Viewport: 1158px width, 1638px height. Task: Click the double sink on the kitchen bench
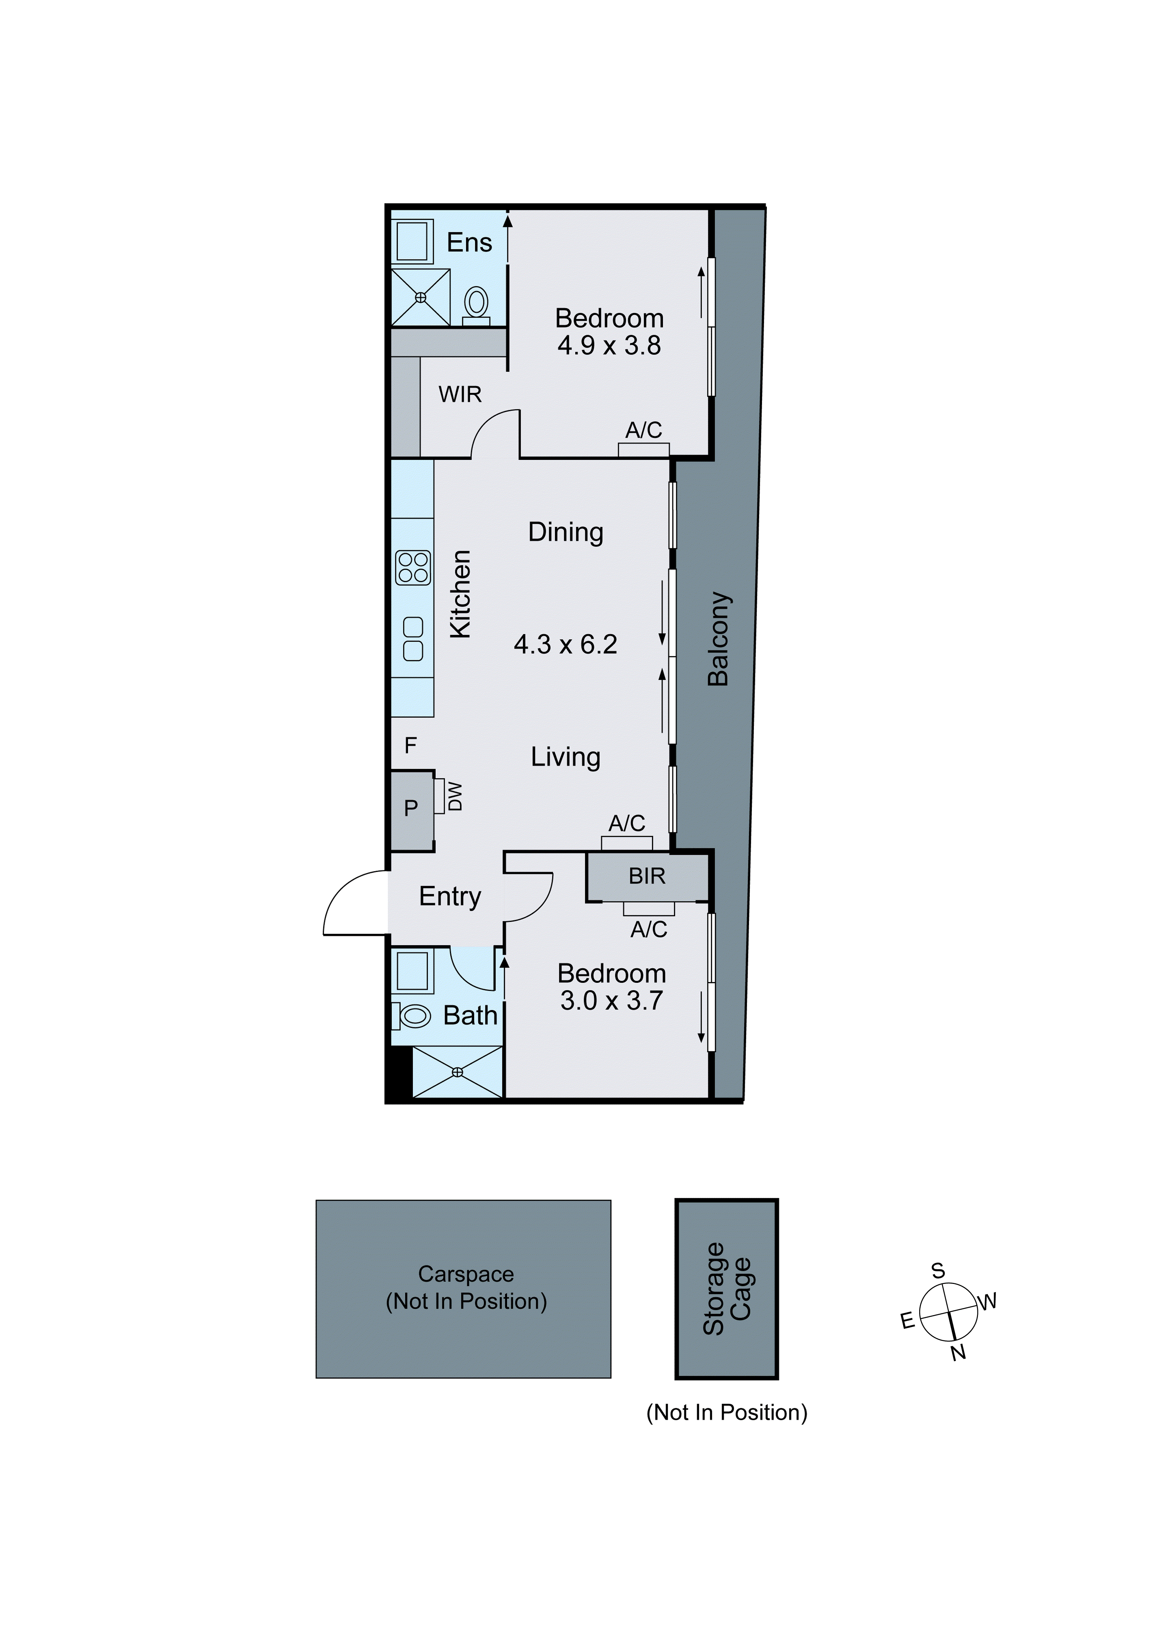tap(413, 638)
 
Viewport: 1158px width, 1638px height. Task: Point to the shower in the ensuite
tap(421, 297)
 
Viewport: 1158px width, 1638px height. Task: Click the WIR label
tap(460, 394)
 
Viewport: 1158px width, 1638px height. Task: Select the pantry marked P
tap(411, 808)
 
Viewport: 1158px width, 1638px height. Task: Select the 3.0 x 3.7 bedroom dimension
tap(611, 1001)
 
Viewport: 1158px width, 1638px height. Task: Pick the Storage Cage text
tap(726, 1288)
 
